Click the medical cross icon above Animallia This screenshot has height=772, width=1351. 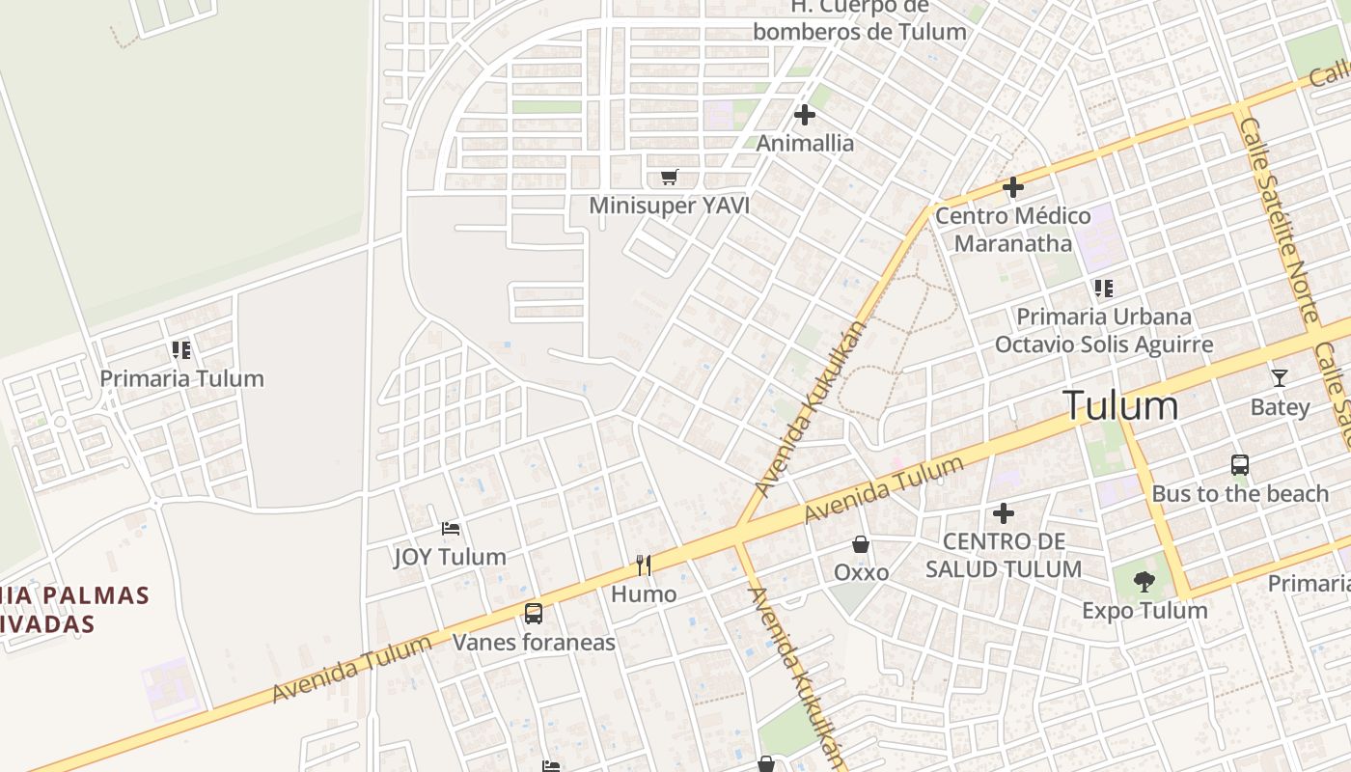click(804, 115)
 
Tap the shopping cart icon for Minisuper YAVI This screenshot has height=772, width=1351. click(670, 177)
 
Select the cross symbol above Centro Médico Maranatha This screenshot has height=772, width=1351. click(1012, 186)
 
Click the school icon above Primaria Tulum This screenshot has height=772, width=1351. click(181, 349)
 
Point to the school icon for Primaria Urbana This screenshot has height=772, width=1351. click(1104, 288)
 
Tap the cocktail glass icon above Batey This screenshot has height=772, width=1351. click(1280, 377)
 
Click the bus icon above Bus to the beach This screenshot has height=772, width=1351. click(1240, 465)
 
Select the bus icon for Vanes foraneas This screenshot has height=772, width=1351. click(533, 613)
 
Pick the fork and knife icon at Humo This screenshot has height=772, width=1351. click(644, 565)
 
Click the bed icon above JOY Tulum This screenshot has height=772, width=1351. click(451, 528)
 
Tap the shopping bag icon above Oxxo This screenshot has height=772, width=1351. click(861, 544)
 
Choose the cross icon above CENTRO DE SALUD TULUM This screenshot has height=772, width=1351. click(1004, 512)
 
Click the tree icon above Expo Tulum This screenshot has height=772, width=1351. click(1144, 582)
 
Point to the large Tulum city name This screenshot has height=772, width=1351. click(1120, 405)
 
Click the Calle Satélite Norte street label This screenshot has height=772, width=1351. click(1280, 220)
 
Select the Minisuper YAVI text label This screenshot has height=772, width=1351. click(669, 206)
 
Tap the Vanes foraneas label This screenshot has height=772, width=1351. click(534, 642)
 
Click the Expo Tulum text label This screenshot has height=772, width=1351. click(1144, 611)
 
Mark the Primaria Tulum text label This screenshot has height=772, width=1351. click(181, 378)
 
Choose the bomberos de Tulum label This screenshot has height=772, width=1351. click(859, 31)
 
